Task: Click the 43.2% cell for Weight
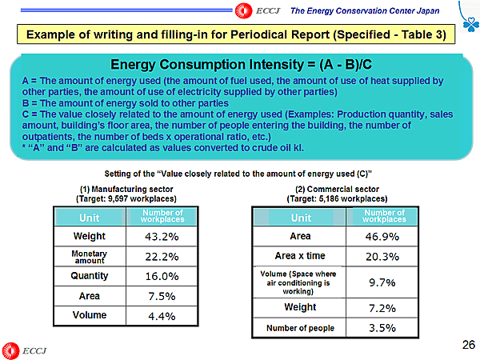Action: tap(162, 237)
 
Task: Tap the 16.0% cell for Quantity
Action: tap(162, 276)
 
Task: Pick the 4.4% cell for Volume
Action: tap(162, 315)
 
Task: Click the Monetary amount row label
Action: tap(90, 256)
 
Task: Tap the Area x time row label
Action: tap(300, 257)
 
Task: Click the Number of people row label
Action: tap(300, 328)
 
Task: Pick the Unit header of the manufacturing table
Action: tap(90, 217)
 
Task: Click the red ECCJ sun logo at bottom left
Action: tap(10, 350)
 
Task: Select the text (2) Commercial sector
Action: tap(337, 188)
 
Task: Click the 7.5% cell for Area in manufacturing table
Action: tap(162, 296)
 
